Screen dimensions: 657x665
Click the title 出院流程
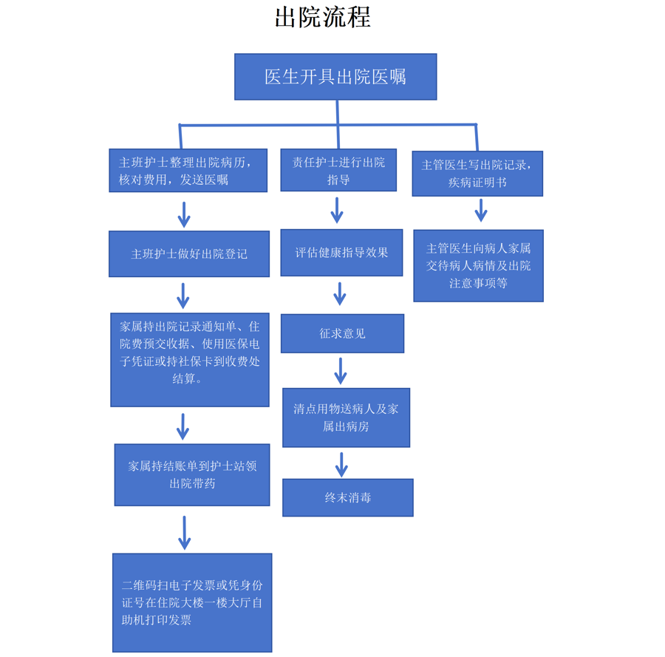[x=322, y=17]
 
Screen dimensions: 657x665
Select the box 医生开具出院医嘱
[x=335, y=77]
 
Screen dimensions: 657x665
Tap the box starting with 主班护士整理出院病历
[x=188, y=171]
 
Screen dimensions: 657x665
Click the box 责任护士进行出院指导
[x=338, y=171]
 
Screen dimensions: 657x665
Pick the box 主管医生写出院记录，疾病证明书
[x=477, y=174]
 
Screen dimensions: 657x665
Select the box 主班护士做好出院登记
[x=189, y=253]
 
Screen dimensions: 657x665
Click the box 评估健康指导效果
[x=341, y=253]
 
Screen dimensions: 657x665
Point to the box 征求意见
[x=342, y=333]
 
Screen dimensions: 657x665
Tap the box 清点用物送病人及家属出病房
[x=346, y=418]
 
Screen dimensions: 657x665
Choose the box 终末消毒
[x=347, y=497]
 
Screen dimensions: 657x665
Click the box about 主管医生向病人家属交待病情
[x=478, y=265]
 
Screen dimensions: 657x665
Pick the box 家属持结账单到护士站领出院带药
[x=192, y=474]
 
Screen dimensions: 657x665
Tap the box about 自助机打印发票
[x=192, y=602]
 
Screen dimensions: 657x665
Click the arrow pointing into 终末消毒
[x=341, y=464]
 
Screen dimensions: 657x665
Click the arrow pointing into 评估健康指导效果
[x=337, y=210]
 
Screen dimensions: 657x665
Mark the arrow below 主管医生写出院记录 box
[x=481, y=210]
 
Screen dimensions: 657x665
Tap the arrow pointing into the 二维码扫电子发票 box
[x=185, y=532]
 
